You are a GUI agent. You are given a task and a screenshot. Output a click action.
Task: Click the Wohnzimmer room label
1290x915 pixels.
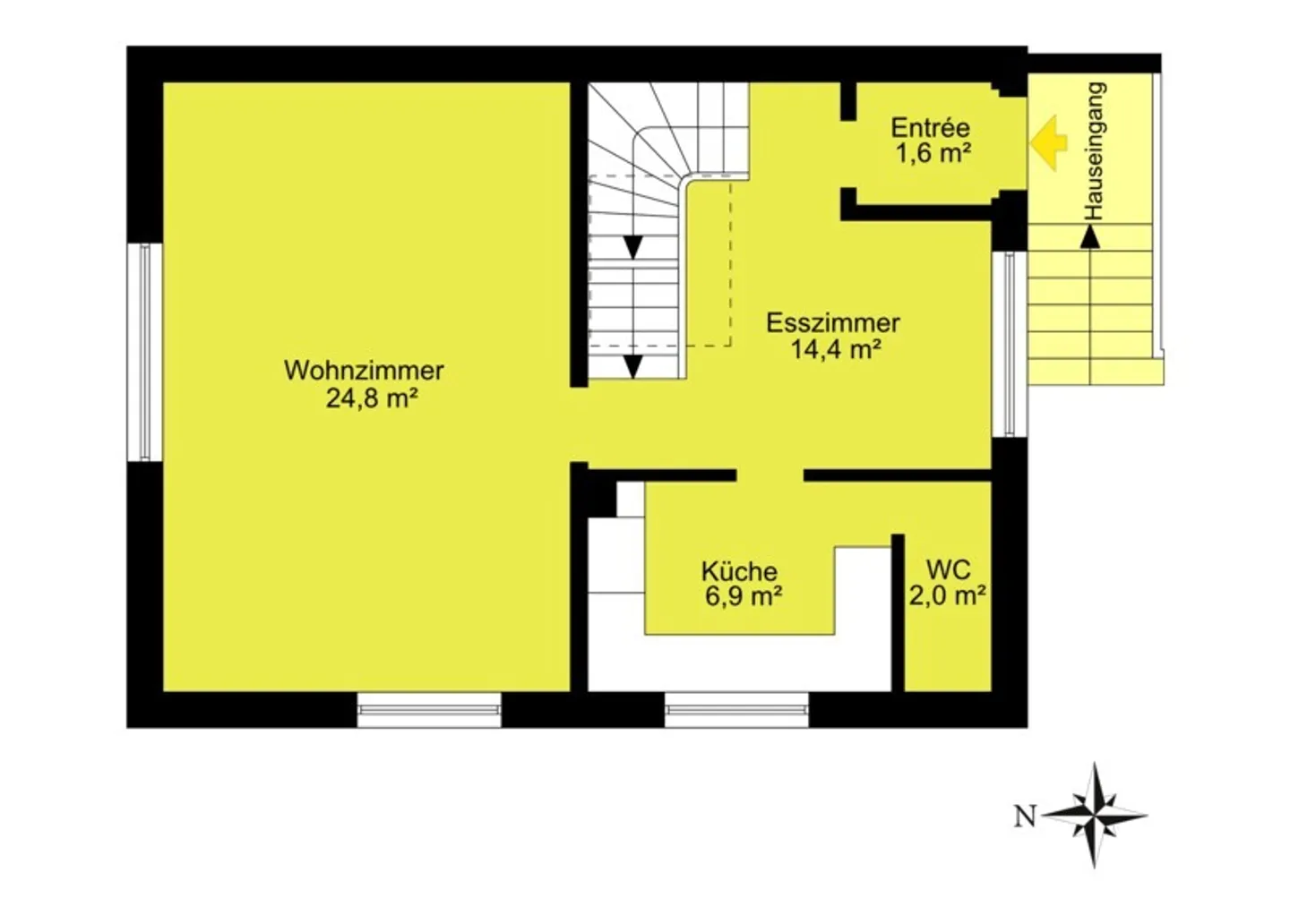click(x=364, y=370)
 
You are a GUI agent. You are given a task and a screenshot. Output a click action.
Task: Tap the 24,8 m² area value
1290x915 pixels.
click(x=372, y=398)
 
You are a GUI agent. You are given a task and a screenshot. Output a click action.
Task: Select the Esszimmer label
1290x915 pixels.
click(x=832, y=322)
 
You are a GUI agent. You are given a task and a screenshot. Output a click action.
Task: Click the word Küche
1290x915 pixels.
click(x=739, y=571)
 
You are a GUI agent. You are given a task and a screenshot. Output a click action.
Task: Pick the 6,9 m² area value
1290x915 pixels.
click(x=744, y=596)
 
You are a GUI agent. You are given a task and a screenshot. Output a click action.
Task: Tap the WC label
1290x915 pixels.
click(x=948, y=569)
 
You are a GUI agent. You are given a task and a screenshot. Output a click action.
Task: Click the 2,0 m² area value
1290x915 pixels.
click(x=948, y=595)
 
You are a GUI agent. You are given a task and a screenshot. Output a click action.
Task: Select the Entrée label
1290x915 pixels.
click(x=930, y=128)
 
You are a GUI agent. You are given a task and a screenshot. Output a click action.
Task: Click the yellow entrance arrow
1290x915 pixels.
click(x=1048, y=142)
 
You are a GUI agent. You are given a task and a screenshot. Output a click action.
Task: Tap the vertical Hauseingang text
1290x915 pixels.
click(x=1095, y=151)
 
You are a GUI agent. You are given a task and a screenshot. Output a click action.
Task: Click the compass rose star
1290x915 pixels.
click(x=1095, y=815)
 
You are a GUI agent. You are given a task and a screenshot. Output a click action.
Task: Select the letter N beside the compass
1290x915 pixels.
click(x=1025, y=817)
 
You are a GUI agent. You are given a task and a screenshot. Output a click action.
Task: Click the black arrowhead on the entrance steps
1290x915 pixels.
click(x=1090, y=236)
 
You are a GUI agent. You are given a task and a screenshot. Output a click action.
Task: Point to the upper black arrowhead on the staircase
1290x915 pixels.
click(x=633, y=247)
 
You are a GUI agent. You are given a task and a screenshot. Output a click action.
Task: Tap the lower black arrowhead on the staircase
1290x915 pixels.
click(x=633, y=366)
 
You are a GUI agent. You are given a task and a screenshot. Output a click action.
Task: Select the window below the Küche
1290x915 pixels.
click(x=736, y=709)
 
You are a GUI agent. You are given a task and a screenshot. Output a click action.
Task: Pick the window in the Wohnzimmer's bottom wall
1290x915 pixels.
click(x=428, y=709)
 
